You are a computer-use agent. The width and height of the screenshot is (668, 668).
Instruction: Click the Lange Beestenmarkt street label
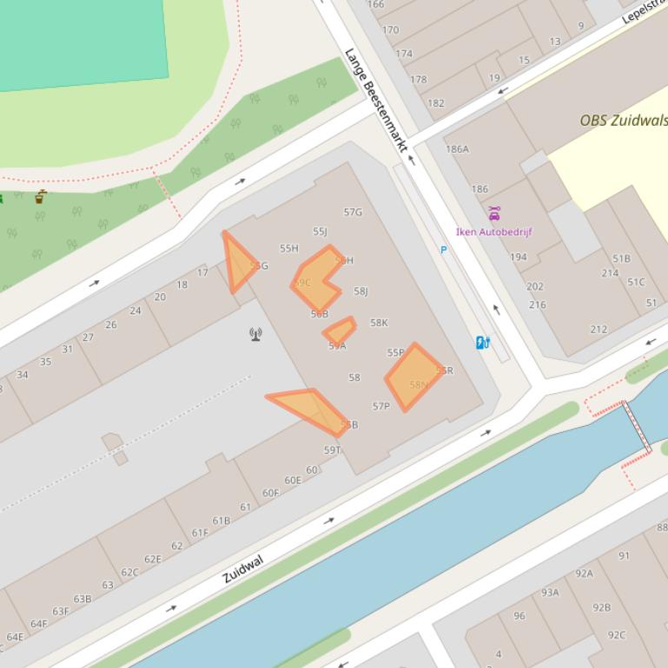(x=375, y=100)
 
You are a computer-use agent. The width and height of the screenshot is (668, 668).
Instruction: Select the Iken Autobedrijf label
(x=493, y=232)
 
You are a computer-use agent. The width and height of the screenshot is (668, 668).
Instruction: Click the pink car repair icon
(x=494, y=213)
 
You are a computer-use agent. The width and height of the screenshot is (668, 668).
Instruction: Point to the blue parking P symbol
(x=444, y=250)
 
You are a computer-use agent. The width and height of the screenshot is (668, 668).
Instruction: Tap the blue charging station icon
(x=483, y=343)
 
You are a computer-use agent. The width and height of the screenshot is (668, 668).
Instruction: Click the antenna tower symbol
(x=256, y=334)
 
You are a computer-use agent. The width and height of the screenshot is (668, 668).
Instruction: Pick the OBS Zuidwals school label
(x=623, y=121)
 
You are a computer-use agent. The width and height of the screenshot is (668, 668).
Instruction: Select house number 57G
(x=353, y=212)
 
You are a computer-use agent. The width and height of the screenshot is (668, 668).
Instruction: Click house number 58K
(x=379, y=323)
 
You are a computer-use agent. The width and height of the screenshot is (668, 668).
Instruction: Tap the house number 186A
(x=457, y=149)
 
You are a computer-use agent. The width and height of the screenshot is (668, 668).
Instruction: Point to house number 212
(x=599, y=330)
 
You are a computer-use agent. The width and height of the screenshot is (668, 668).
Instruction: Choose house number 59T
(x=332, y=450)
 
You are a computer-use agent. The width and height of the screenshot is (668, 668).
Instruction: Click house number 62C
(x=129, y=572)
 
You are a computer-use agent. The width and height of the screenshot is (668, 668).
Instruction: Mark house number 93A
(x=550, y=593)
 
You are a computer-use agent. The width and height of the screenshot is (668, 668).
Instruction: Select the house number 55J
(x=320, y=232)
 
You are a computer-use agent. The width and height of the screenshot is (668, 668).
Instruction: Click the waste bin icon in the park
(x=41, y=198)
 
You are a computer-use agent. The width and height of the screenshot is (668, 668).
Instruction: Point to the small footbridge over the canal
(x=636, y=426)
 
